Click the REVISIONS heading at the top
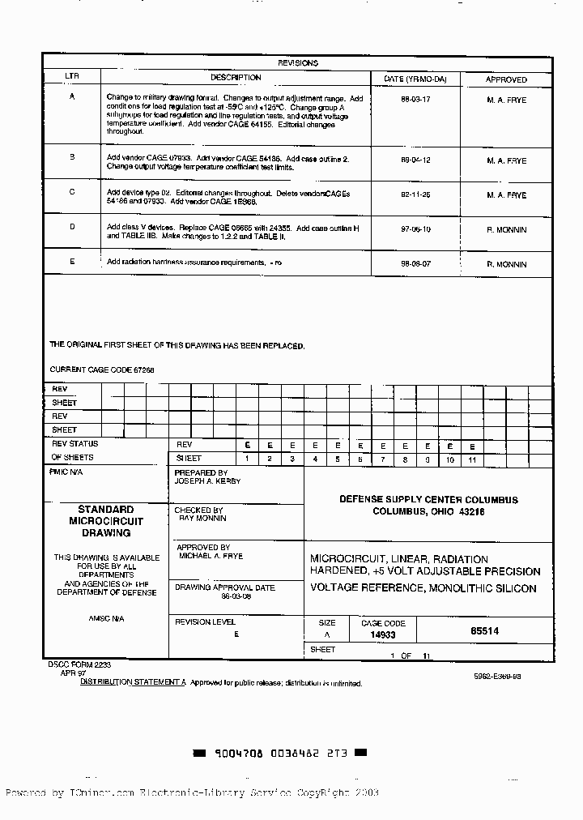point(298,62)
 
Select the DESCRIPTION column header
point(236,78)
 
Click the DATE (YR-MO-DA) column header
point(415,79)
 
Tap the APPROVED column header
point(506,79)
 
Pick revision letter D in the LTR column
point(72,227)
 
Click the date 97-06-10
point(415,230)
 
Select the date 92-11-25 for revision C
point(415,195)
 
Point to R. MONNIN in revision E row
point(506,265)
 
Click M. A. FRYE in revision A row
point(506,100)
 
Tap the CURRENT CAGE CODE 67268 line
point(102,369)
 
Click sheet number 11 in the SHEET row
point(471,459)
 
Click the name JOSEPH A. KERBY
point(207,480)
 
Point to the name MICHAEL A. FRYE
point(211,557)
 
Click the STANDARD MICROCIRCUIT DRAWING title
point(106,521)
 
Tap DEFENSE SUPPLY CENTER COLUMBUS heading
point(428,500)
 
